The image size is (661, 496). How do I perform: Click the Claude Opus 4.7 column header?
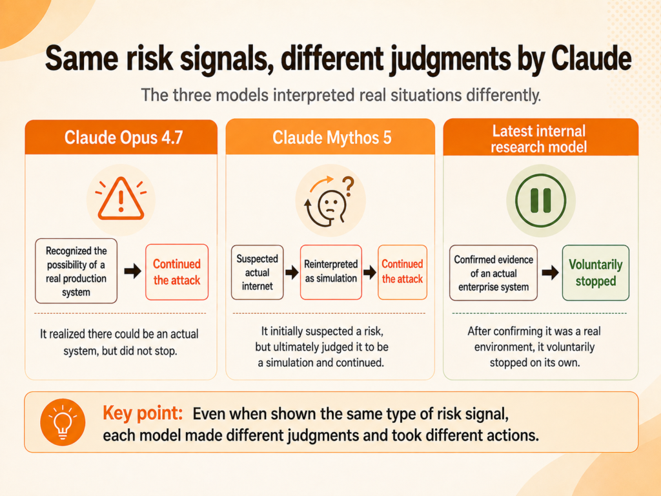pyautogui.click(x=121, y=137)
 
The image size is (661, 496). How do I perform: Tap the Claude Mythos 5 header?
pyautogui.click(x=330, y=137)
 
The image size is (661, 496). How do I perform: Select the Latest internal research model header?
pyautogui.click(x=540, y=138)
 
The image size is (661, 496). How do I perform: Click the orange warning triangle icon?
pyautogui.click(x=121, y=198)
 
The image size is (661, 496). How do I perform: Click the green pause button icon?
pyautogui.click(x=540, y=200)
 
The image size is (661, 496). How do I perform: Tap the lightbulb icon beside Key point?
pyautogui.click(x=63, y=422)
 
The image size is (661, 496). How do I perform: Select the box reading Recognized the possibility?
pyautogui.click(x=76, y=271)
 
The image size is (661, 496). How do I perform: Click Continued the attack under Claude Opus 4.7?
pyautogui.click(x=177, y=272)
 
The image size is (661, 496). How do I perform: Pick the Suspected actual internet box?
pyautogui.click(x=257, y=272)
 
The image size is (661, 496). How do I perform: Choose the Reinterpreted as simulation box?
pyautogui.click(x=331, y=272)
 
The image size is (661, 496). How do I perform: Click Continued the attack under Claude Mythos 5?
pyautogui.click(x=402, y=272)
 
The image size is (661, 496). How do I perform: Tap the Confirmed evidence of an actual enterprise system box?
pyautogui.click(x=493, y=273)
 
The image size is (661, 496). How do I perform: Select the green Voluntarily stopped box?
pyautogui.click(x=596, y=273)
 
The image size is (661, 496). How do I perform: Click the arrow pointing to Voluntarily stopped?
pyautogui.click(x=550, y=273)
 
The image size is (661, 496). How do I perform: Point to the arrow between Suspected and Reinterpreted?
pyautogui.click(x=292, y=272)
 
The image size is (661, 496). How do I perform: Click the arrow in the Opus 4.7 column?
pyautogui.click(x=133, y=271)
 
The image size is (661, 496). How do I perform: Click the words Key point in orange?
pyautogui.click(x=143, y=413)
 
